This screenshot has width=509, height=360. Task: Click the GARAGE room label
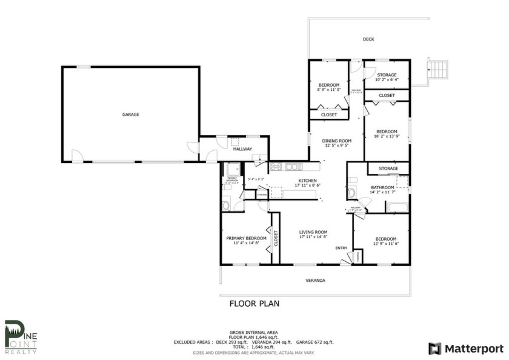tap(130, 114)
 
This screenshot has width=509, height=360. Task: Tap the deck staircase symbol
tap(438, 68)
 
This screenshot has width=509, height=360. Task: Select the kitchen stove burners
tap(276, 167)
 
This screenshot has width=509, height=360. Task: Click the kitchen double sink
tap(294, 167)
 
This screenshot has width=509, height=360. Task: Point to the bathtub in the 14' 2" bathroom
tap(398, 207)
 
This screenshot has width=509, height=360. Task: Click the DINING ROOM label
tap(338, 141)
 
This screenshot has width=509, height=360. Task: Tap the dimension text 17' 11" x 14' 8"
tap(313, 238)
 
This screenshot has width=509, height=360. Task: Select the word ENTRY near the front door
tap(341, 247)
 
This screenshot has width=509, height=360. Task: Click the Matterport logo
tap(465, 348)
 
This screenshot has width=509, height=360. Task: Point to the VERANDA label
tap(314, 281)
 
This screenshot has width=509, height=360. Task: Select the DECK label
tap(368, 39)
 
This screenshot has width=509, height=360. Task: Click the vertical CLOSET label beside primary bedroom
tap(276, 239)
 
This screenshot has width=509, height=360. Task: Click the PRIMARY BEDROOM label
tap(247, 238)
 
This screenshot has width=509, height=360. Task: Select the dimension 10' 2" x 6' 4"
tap(387, 80)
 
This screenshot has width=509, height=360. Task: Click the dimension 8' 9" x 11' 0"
tap(329, 90)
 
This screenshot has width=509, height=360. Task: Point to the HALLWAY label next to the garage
tap(242, 149)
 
